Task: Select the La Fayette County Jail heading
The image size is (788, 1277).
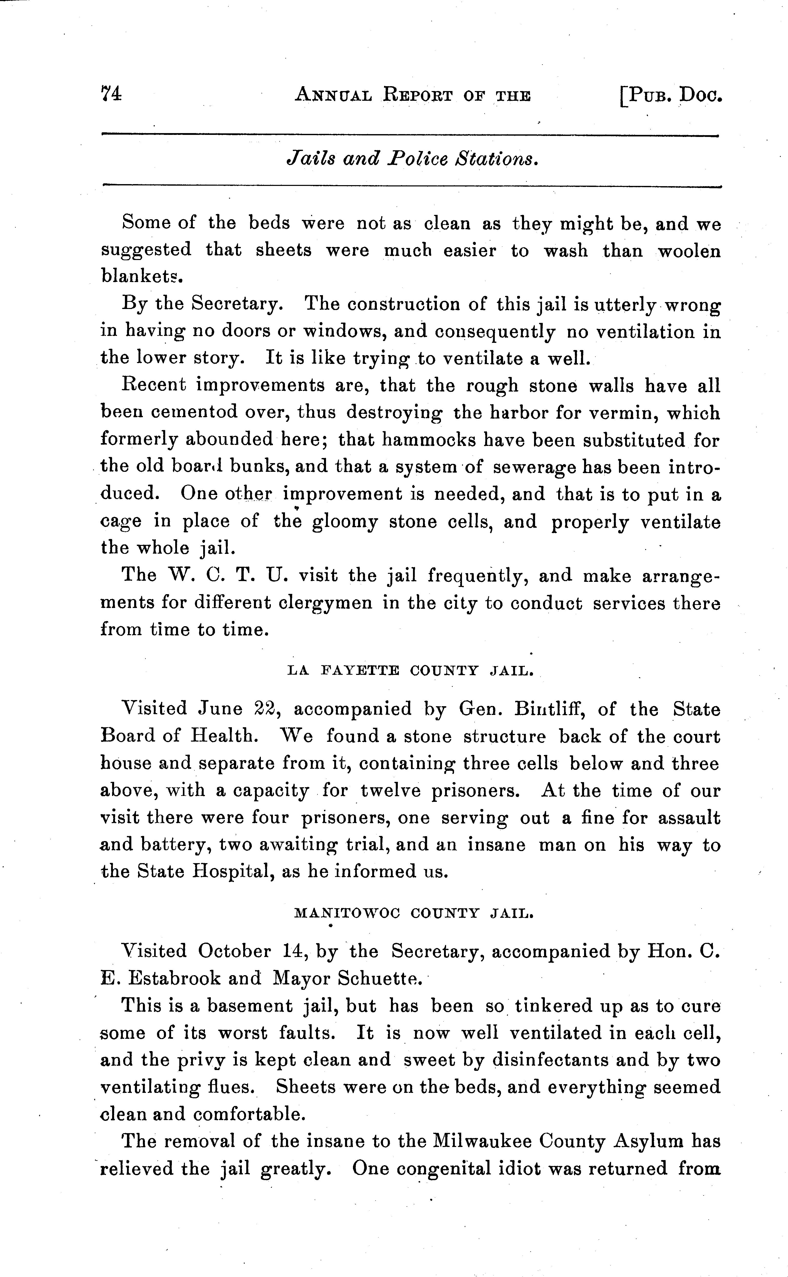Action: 411,671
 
